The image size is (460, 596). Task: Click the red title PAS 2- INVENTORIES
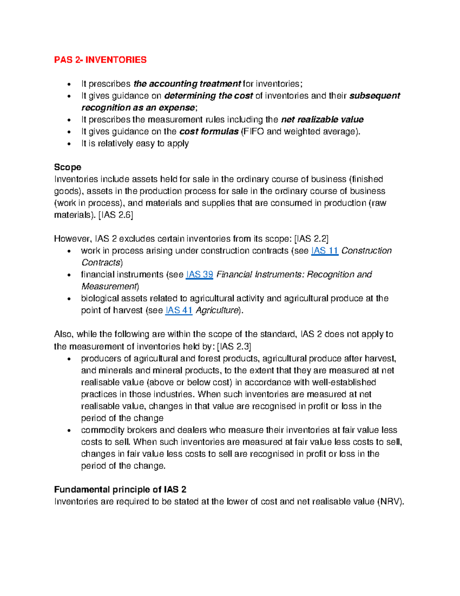(x=100, y=60)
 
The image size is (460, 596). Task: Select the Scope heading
(x=67, y=167)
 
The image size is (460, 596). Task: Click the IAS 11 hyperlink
(x=325, y=251)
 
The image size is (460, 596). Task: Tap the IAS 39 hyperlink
(x=199, y=275)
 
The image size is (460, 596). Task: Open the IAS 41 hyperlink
(x=179, y=310)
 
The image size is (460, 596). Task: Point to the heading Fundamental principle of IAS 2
(x=120, y=490)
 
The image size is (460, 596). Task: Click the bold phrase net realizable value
(x=322, y=120)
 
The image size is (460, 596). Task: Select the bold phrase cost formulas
(x=209, y=132)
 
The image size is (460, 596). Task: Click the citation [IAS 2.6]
(x=116, y=215)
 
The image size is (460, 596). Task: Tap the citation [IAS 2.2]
(x=311, y=239)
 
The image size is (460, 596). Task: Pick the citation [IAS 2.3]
(x=234, y=347)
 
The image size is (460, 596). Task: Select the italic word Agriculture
(x=217, y=310)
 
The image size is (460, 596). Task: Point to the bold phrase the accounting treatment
(x=187, y=84)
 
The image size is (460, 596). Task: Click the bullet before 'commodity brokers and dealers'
(x=69, y=431)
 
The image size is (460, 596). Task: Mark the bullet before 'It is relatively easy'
(x=69, y=144)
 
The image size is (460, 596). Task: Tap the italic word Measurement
(x=109, y=287)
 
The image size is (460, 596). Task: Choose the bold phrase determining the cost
(x=209, y=96)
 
